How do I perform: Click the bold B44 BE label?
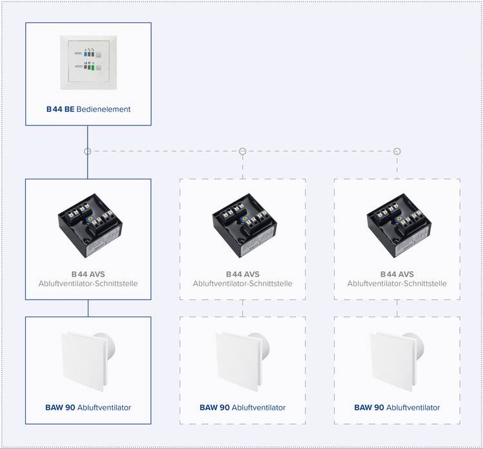[60, 109]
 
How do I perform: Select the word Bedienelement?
[103, 109]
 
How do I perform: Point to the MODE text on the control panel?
[78, 55]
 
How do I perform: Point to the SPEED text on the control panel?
[78, 66]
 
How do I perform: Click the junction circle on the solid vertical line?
[88, 151]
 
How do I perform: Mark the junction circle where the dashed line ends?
[397, 151]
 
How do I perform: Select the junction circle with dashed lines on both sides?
[243, 151]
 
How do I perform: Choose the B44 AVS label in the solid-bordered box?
[88, 274]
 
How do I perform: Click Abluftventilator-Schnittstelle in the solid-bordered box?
[88, 284]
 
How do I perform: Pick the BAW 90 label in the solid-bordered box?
[60, 408]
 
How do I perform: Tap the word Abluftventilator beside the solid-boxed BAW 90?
[104, 408]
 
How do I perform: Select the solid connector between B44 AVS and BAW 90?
[88, 308]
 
